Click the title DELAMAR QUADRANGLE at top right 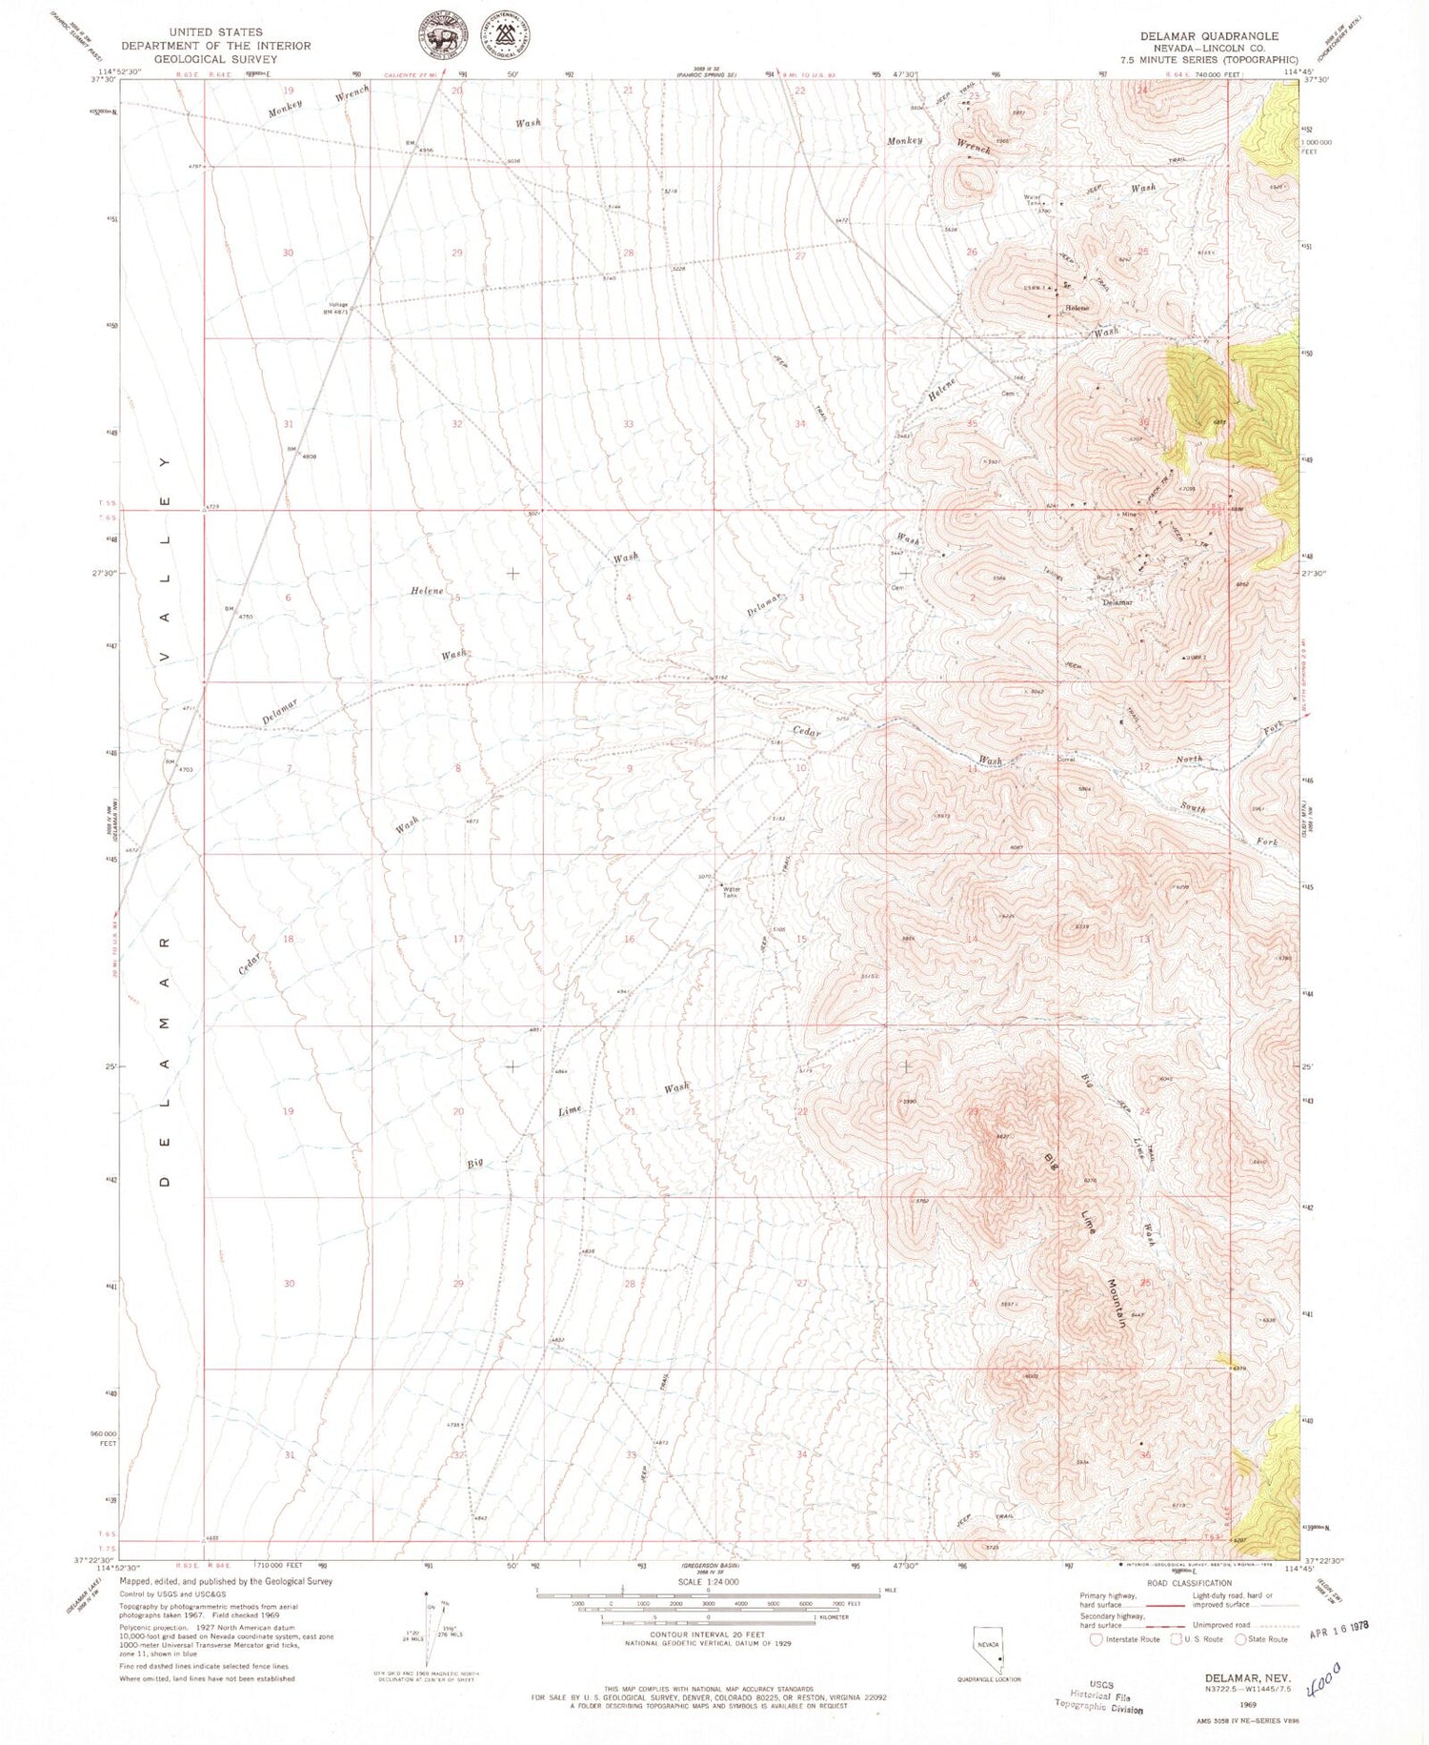pos(1209,35)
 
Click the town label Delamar pos(1117,602)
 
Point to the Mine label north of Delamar pos(1129,515)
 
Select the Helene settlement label pos(1077,308)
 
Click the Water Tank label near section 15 pos(731,893)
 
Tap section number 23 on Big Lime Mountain pos(973,1111)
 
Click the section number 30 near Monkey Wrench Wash pos(288,253)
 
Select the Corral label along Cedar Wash pos(1066,760)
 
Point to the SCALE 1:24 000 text pos(708,1581)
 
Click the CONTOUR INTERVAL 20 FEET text pos(708,1633)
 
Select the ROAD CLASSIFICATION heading pos(1188,1583)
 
